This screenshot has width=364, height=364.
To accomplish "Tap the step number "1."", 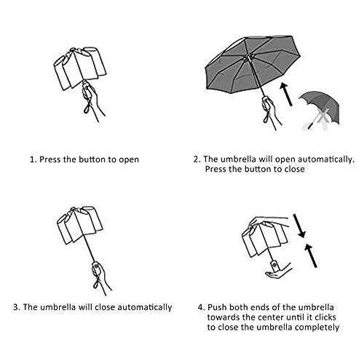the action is (x=33, y=159).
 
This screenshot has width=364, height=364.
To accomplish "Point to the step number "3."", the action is (x=17, y=307).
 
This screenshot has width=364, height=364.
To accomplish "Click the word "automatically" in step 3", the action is (x=145, y=307).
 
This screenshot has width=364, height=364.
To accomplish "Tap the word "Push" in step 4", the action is (x=217, y=307).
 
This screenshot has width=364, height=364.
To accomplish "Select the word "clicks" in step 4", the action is (x=325, y=317).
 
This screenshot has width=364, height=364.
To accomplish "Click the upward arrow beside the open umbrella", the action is (x=286, y=94).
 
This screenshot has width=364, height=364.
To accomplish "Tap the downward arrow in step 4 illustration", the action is (x=298, y=226).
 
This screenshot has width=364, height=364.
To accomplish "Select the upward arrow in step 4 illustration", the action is (x=311, y=256).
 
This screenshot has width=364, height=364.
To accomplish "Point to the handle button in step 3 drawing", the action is (x=96, y=266).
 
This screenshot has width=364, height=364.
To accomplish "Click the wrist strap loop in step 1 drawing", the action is (x=87, y=108).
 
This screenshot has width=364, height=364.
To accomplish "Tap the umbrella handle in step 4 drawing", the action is (x=274, y=266).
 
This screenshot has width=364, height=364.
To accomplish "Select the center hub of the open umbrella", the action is (x=248, y=58).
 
